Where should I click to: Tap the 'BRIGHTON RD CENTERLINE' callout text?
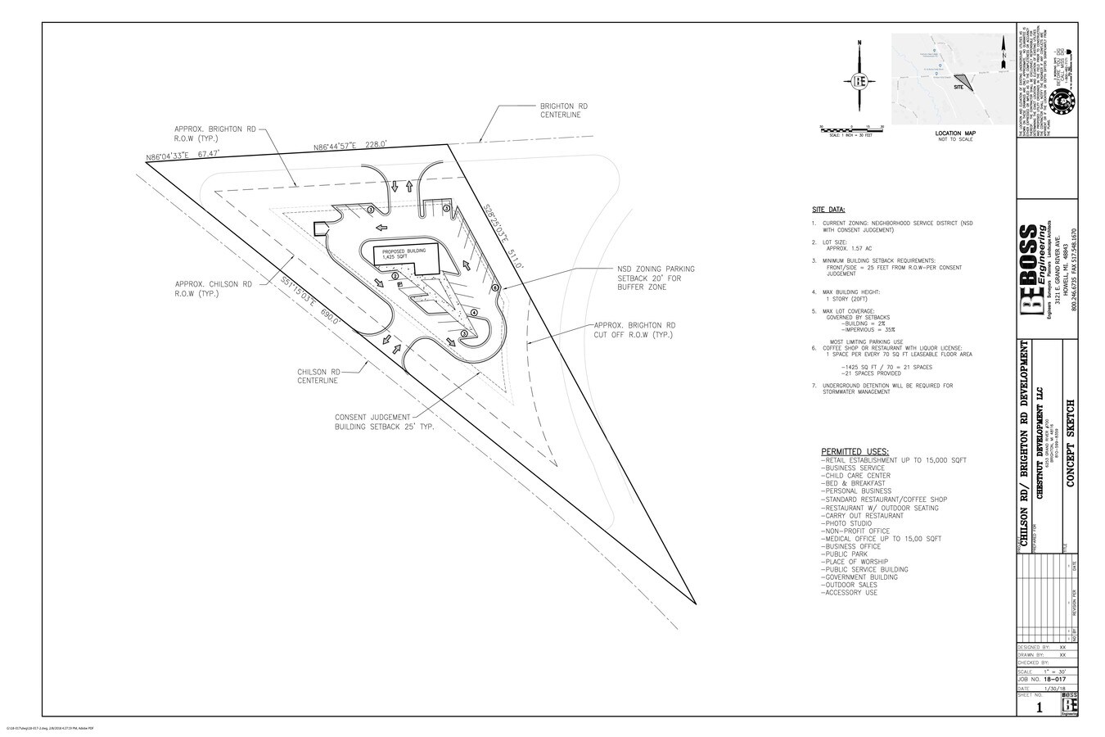click(x=563, y=111)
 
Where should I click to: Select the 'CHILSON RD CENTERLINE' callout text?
click(x=318, y=376)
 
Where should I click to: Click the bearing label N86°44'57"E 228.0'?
click(x=350, y=146)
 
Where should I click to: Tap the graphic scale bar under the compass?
click(x=851, y=129)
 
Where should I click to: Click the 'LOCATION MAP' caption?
click(x=955, y=133)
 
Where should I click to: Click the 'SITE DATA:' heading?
click(x=829, y=210)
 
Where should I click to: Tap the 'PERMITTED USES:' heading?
click(x=855, y=451)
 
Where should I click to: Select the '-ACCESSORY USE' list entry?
click(x=848, y=593)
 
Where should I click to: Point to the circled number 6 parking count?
click(x=494, y=288)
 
